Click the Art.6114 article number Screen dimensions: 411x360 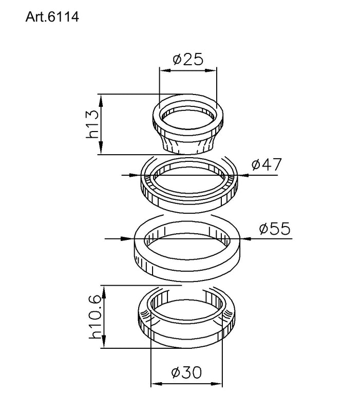click(x=51, y=16)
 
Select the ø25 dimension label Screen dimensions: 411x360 click(x=188, y=60)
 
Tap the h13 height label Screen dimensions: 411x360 click(x=92, y=124)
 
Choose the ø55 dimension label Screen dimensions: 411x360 click(x=274, y=228)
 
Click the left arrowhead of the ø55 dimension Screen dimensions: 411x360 click(x=128, y=238)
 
